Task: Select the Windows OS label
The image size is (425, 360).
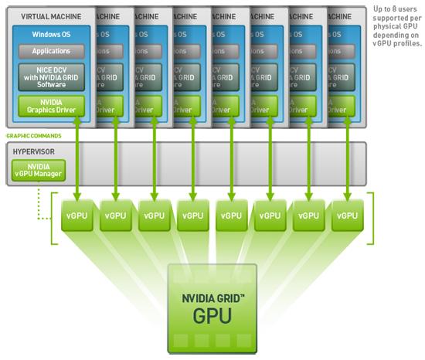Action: click(x=50, y=34)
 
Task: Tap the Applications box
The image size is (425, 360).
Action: click(x=50, y=51)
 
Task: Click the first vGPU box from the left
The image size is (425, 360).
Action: click(x=77, y=217)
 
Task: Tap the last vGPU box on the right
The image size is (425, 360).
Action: click(x=348, y=217)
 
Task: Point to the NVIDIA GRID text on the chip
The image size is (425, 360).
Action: click(x=212, y=295)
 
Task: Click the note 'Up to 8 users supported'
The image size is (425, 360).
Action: click(x=397, y=26)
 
